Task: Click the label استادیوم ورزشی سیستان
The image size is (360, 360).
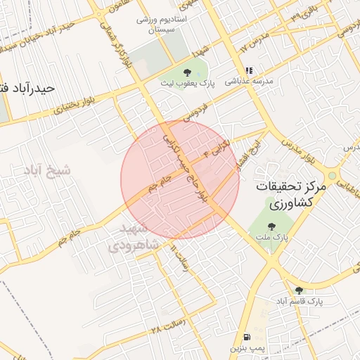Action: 164,25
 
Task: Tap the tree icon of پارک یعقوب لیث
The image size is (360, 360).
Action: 186,72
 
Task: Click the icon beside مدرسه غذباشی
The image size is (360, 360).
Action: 248,70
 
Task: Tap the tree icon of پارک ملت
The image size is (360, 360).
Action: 271,226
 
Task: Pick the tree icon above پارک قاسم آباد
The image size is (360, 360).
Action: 299,290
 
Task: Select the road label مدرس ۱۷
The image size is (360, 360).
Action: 255,42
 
